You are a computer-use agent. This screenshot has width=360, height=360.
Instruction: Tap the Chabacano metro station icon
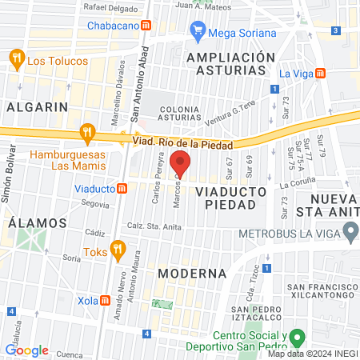point(146,26)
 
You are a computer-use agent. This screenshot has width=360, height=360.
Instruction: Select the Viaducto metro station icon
point(122,189)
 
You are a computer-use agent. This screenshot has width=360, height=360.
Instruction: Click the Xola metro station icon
point(106,300)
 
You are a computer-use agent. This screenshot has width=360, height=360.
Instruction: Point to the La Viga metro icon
point(320,73)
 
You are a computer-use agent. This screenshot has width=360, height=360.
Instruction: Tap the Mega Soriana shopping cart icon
point(198,32)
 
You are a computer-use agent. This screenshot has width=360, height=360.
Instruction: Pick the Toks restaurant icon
point(118,250)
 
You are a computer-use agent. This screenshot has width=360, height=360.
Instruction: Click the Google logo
point(26,350)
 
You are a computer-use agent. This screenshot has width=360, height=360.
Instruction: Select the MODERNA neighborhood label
point(192,274)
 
